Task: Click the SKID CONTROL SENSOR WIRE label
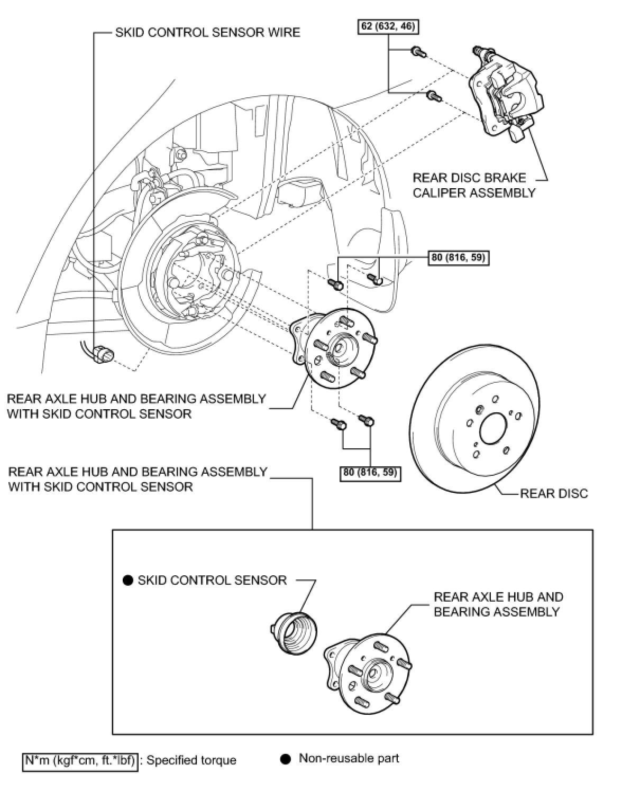click(207, 32)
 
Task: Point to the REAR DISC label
click(554, 494)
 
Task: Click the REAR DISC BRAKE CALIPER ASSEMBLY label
click(474, 185)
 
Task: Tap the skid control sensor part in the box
click(294, 632)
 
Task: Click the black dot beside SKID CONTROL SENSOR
click(127, 581)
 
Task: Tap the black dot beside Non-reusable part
click(286, 759)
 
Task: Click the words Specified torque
click(191, 760)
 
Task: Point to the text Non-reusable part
click(349, 759)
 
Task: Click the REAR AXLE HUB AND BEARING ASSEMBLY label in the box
click(498, 604)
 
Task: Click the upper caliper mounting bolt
click(418, 52)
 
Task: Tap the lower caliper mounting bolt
click(433, 96)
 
